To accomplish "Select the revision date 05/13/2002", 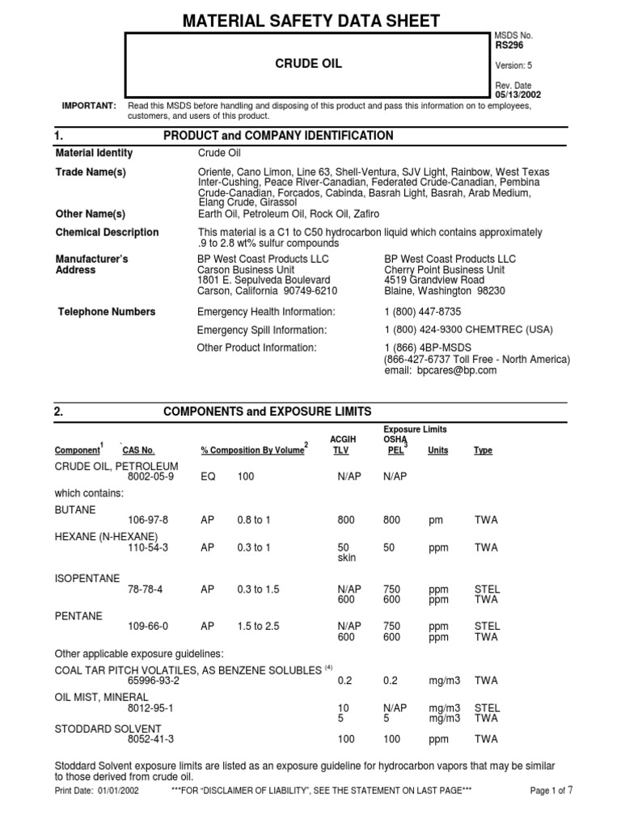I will pos(517,95).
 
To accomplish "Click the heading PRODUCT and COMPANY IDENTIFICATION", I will pos(278,136).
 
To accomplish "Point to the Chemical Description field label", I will pos(107,232).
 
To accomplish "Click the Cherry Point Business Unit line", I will pos(444,270).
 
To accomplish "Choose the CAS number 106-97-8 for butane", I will pos(148,519).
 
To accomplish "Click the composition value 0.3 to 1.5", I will pos(258,589).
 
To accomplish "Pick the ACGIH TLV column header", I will pos(343,445).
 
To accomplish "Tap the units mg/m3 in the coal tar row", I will pos(446,681).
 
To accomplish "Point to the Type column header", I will pos(483,450).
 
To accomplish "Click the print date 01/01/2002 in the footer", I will pos(118,790).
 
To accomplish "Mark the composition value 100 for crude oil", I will pos(245,477).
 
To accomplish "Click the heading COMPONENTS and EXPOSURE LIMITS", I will pos(268,412).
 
